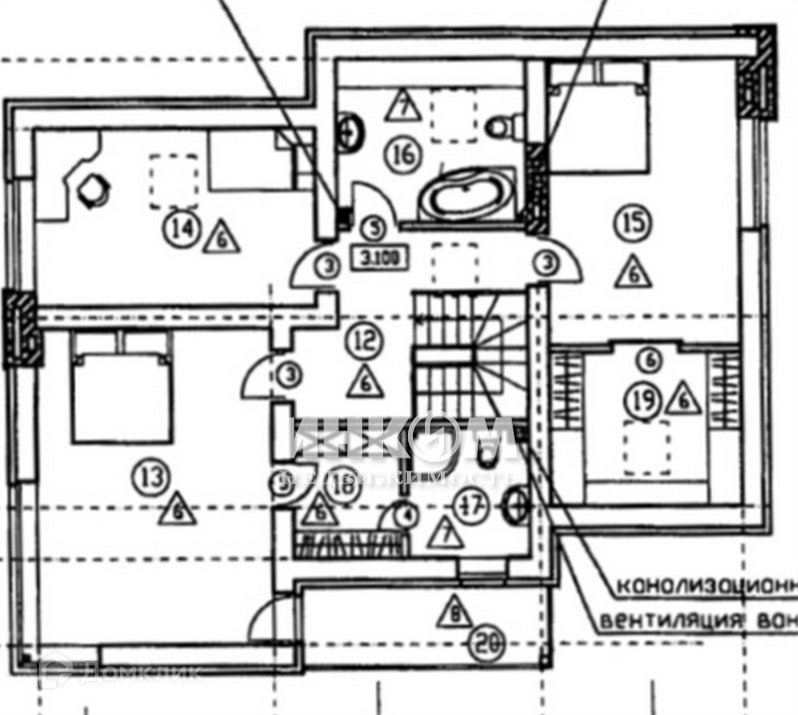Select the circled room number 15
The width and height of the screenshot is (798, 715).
(x=628, y=221)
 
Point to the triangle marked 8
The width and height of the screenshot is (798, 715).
(x=456, y=610)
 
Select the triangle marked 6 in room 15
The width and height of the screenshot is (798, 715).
(x=630, y=271)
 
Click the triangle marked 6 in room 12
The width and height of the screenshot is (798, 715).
(x=365, y=380)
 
